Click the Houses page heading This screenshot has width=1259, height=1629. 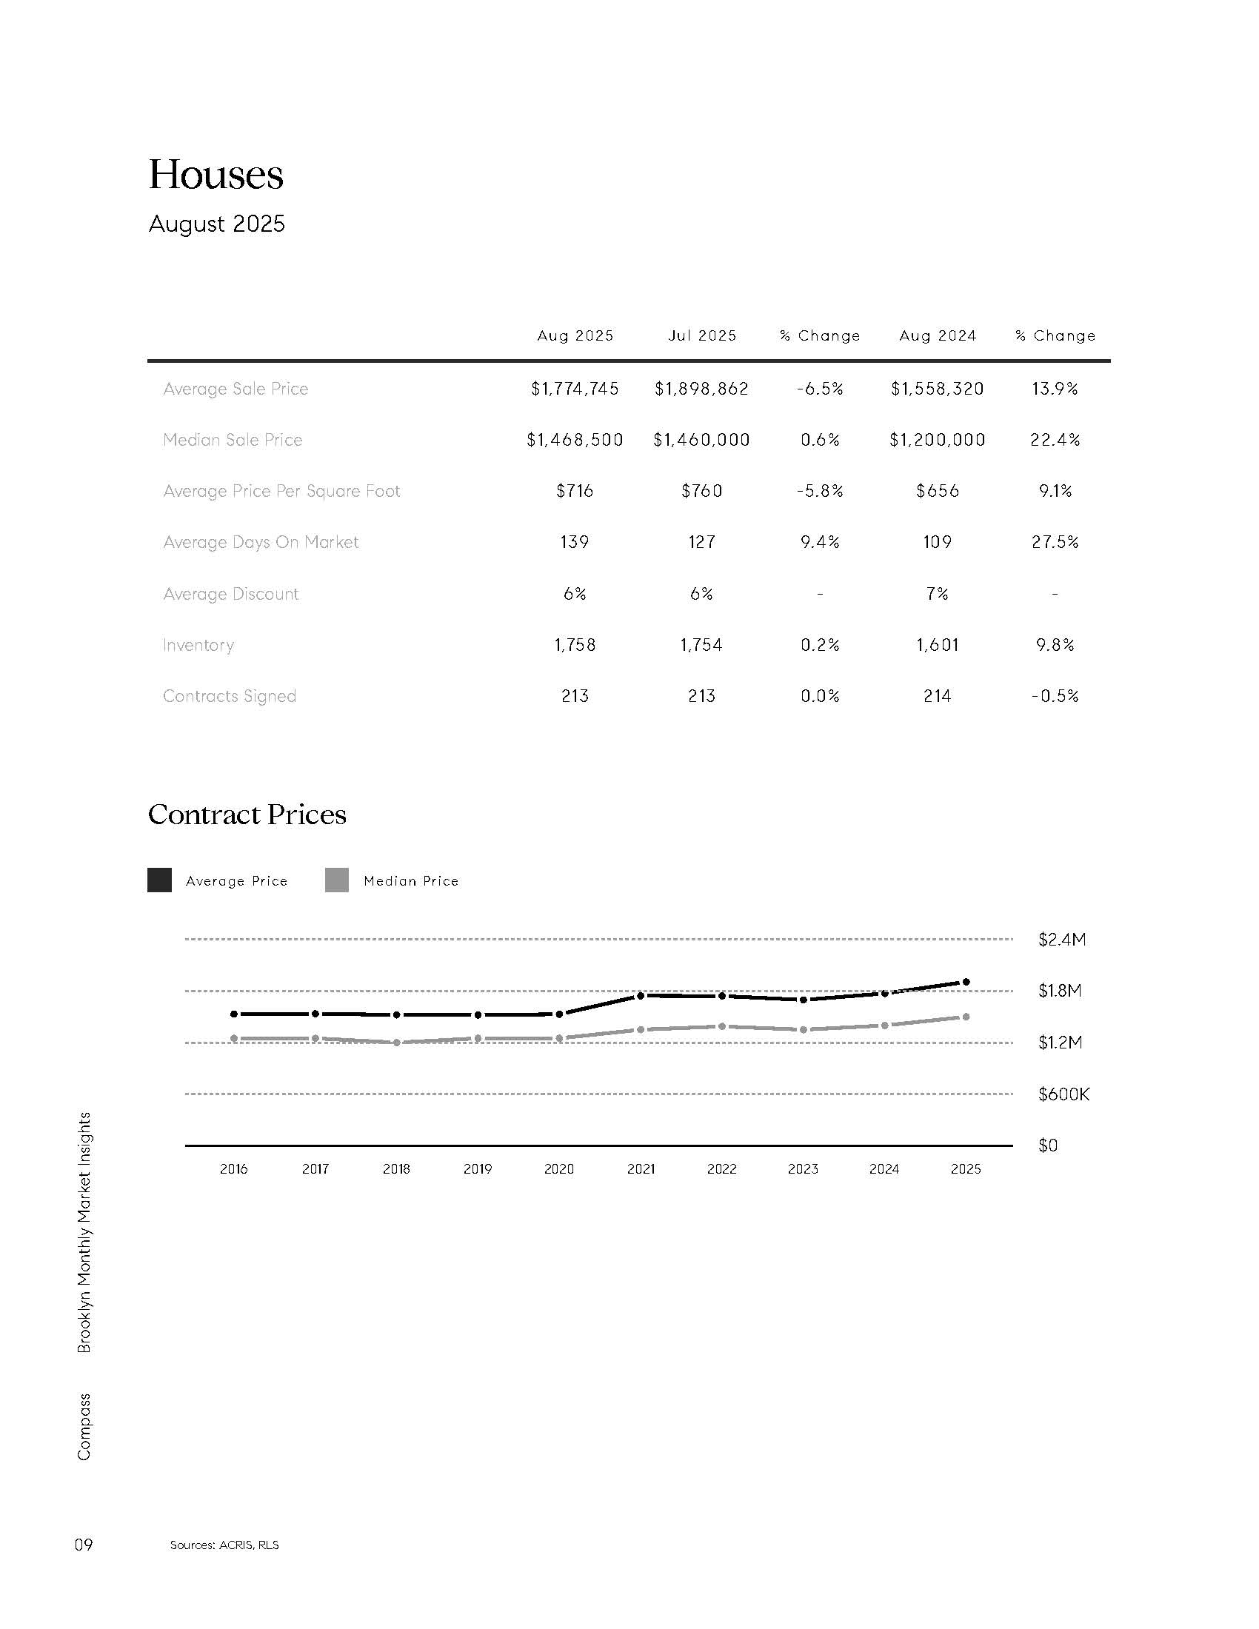point(216,175)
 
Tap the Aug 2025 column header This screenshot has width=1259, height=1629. point(575,335)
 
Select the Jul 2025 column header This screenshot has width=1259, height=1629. point(702,335)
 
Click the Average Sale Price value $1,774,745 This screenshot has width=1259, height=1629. point(575,389)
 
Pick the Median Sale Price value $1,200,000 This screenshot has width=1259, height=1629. point(937,440)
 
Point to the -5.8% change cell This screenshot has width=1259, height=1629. point(820,491)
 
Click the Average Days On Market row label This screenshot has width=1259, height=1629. point(260,542)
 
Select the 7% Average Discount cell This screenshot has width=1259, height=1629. point(937,594)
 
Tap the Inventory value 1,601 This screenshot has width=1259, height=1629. point(937,645)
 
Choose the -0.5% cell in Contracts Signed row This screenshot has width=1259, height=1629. point(1055,696)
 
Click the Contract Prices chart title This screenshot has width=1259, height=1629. point(247,814)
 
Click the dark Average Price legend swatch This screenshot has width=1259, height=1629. point(160,880)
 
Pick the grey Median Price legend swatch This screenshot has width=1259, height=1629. point(337,880)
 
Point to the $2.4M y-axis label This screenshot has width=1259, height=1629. point(1061,940)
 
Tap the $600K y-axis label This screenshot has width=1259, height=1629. point(1063,1094)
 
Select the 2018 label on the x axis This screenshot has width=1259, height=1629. point(396,1168)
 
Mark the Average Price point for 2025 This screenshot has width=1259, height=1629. point(966,983)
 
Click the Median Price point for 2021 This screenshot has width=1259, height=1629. point(641,1030)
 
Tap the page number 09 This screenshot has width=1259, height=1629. point(83,1545)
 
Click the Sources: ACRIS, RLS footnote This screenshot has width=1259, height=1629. point(224,1545)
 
